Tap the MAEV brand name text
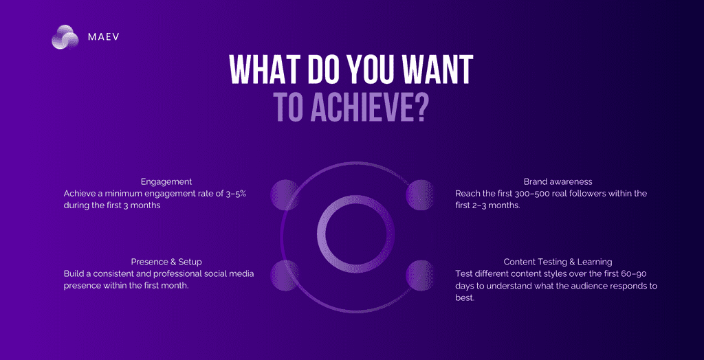103,37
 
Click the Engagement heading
166,182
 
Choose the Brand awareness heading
558,182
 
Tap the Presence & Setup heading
166,262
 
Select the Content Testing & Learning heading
558,262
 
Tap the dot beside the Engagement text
285,194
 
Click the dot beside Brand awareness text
420,194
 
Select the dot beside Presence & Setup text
285,275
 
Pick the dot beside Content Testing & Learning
420,275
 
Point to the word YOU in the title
370,71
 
